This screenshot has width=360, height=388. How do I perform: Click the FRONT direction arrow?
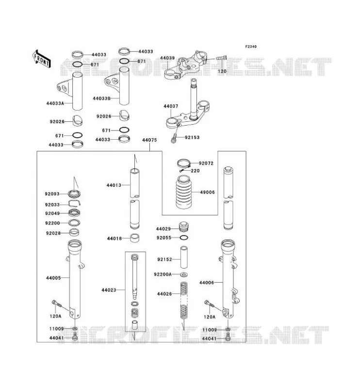click(x=42, y=59)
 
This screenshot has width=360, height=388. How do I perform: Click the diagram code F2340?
click(x=251, y=47)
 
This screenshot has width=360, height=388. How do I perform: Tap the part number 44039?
click(x=167, y=58)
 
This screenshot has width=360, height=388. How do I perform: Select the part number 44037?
click(x=171, y=106)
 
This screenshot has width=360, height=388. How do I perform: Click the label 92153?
click(x=192, y=137)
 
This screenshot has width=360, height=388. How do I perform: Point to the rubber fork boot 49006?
click(x=184, y=192)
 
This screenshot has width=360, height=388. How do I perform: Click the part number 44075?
click(x=149, y=140)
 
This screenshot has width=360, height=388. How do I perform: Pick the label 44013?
click(x=114, y=185)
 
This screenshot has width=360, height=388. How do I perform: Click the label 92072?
click(x=206, y=163)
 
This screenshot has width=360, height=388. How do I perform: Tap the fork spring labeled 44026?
click(x=183, y=301)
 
